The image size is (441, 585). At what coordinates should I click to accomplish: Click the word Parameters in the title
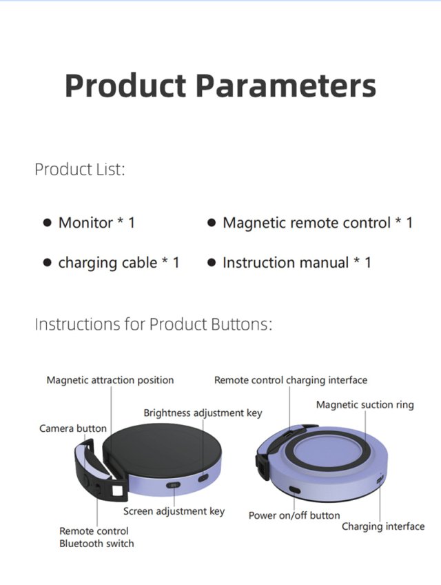pyautogui.click(x=286, y=86)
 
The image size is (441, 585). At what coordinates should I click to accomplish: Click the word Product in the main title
pyautogui.click(x=125, y=86)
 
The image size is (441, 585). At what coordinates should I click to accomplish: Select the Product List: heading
pyautogui.click(x=80, y=170)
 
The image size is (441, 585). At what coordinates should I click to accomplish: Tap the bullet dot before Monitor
pyautogui.click(x=47, y=223)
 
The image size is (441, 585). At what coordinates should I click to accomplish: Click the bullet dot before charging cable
pyautogui.click(x=47, y=263)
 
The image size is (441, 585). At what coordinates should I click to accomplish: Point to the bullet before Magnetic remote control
pyautogui.click(x=212, y=223)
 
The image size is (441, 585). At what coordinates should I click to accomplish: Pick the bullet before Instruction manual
pyautogui.click(x=212, y=263)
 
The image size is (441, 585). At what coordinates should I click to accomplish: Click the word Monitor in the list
pyautogui.click(x=85, y=223)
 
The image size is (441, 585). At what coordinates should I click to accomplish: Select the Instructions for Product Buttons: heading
pyautogui.click(x=154, y=324)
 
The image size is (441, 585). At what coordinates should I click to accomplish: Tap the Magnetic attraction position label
pyautogui.click(x=110, y=380)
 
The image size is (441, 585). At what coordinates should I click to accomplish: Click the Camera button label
pyautogui.click(x=73, y=428)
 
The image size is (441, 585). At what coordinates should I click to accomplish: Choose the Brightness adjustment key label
pyautogui.click(x=203, y=413)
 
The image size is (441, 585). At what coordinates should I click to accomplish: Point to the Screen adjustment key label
pyautogui.click(x=174, y=511)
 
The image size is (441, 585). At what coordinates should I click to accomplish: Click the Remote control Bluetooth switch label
pyautogui.click(x=96, y=537)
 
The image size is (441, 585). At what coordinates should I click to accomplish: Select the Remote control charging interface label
pyautogui.click(x=291, y=380)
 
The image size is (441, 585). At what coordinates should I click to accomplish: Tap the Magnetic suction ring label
pyautogui.click(x=365, y=405)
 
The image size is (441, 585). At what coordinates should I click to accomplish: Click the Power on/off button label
pyautogui.click(x=294, y=515)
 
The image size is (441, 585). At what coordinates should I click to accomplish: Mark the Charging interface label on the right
pyautogui.click(x=383, y=526)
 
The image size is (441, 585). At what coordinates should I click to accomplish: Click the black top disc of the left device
pyautogui.click(x=162, y=450)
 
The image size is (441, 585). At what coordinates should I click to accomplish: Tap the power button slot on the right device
pyautogui.click(x=294, y=490)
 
